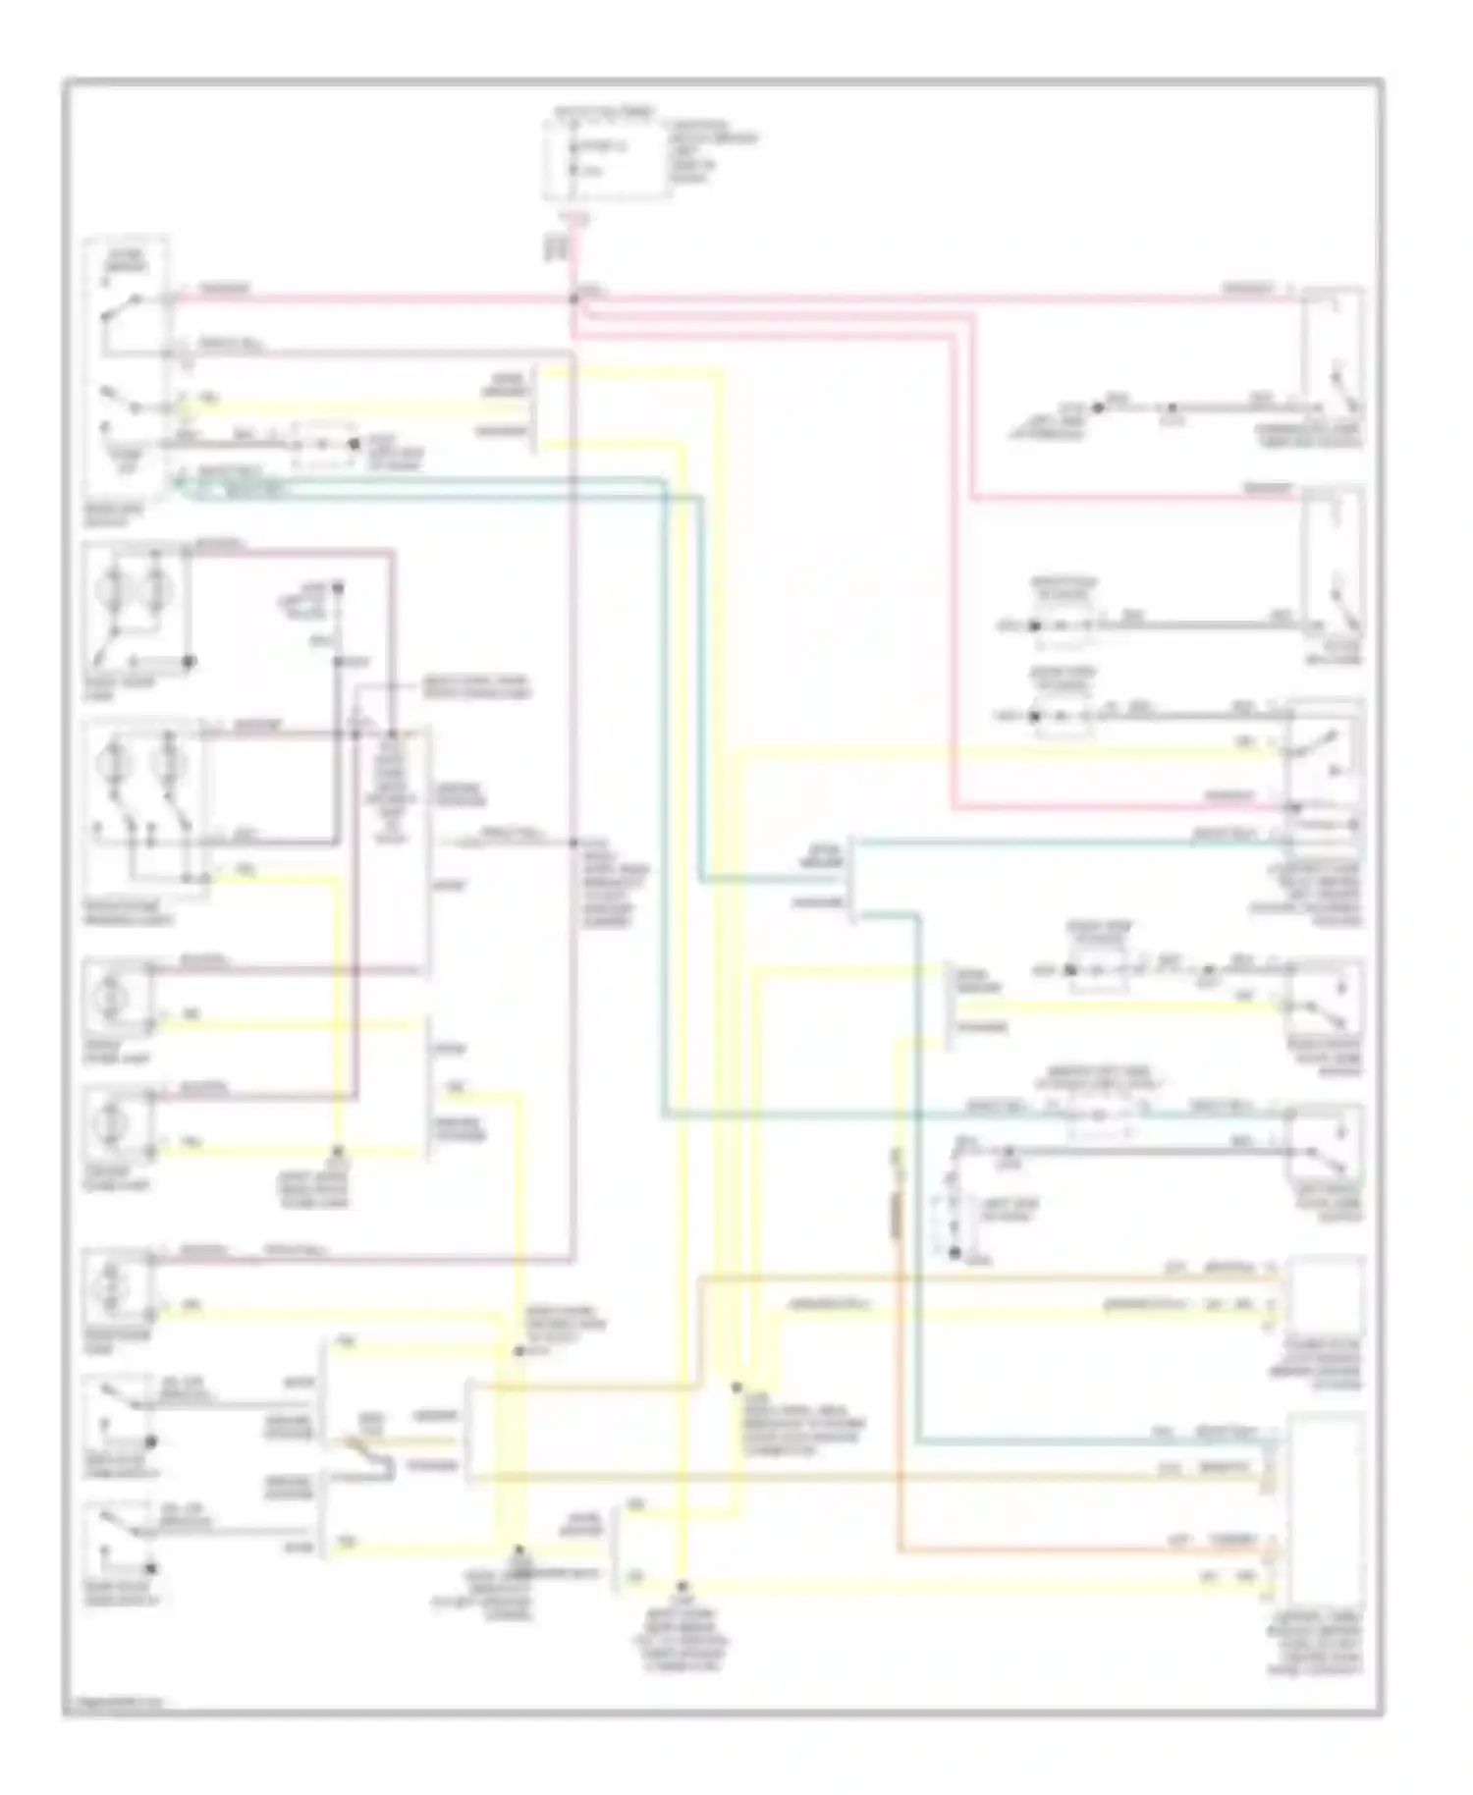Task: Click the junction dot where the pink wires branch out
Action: tap(573, 297)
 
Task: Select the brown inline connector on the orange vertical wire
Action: tap(897, 1217)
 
